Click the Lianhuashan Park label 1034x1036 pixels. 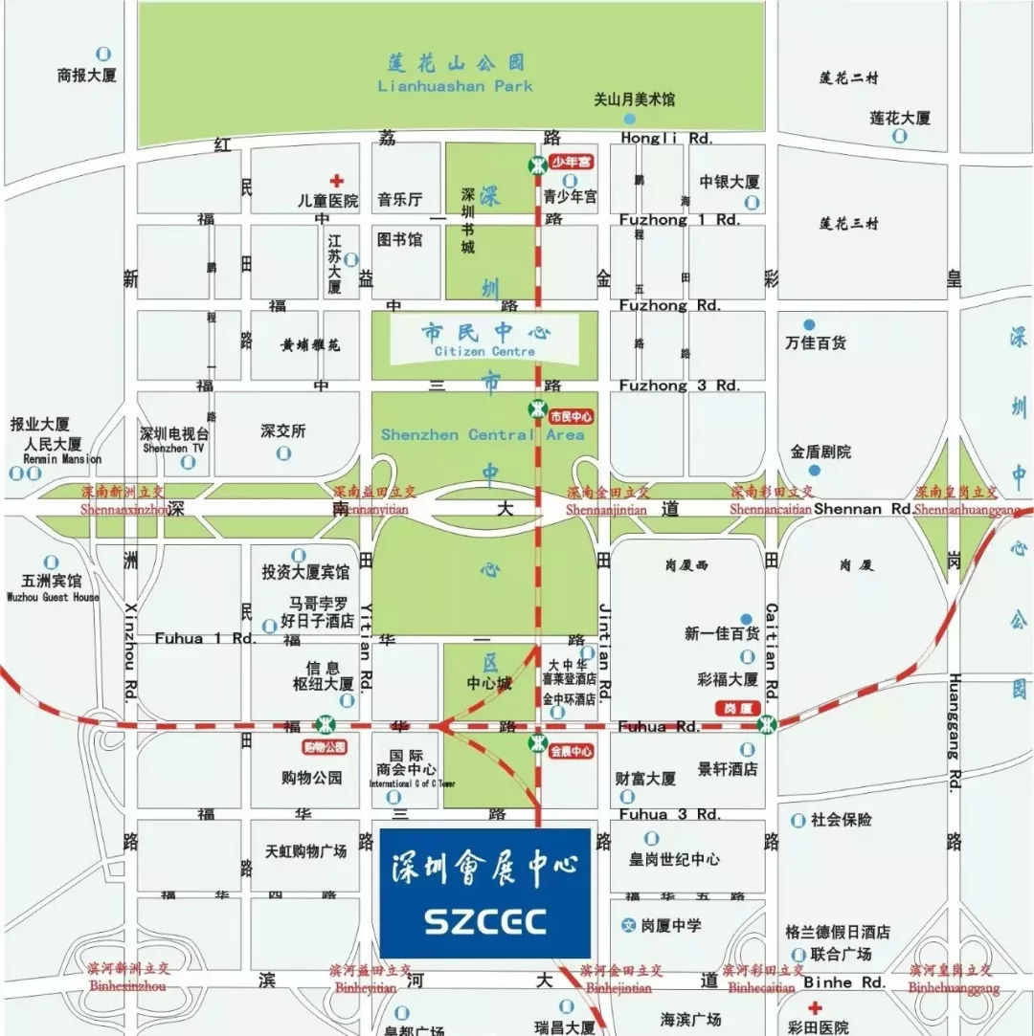tap(455, 86)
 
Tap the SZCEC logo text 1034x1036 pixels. tap(485, 921)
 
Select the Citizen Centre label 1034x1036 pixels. tap(484, 351)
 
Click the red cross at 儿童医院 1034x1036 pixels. tap(336, 181)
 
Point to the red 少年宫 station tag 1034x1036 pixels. tap(572, 162)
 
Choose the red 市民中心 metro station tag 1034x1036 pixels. tap(572, 417)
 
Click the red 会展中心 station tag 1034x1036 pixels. tap(572, 752)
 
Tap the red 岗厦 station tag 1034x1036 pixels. tap(735, 708)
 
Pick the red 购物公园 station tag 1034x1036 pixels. tap(325, 747)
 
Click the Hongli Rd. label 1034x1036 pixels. tap(666, 138)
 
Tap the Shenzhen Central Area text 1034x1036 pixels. tap(483, 435)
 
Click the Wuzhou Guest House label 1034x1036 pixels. tap(53, 597)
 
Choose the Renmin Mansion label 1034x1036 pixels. tap(55, 459)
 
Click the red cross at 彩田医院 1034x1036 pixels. tap(814, 1008)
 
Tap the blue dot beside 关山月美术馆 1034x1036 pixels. tap(629, 119)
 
